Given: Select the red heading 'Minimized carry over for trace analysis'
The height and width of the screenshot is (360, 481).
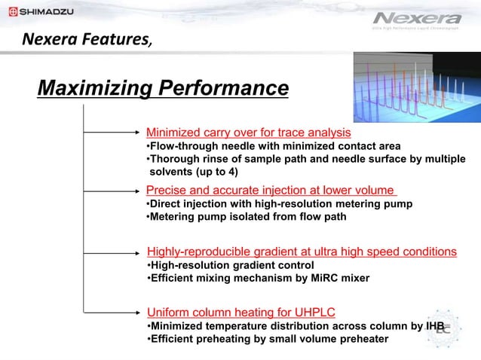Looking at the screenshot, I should coord(237,133).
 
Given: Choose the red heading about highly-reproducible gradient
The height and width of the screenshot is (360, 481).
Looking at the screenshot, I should coord(302,251).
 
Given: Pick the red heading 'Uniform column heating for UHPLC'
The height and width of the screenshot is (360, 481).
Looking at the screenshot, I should coord(240,312).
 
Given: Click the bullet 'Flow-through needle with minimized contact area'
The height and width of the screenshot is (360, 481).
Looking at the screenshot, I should coord(273,146).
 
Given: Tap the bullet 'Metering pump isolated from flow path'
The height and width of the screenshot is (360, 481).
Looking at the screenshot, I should coord(247,217).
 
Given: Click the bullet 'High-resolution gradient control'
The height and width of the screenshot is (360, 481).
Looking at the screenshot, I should coord(230,265).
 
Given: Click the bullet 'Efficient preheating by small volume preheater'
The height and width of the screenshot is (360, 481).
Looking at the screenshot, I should coord(268,339).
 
